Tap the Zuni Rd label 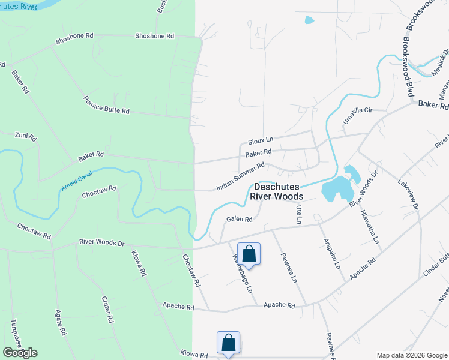point(26,137)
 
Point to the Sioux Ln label point(261,142)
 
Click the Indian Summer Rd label point(240,176)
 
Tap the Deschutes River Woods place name point(277,191)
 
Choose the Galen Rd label point(238,219)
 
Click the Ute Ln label point(298,214)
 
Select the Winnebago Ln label point(242,274)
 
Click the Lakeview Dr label point(408,192)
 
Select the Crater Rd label point(107,310)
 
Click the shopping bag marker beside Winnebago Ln point(249,254)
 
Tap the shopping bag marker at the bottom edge point(228,343)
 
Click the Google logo point(20,353)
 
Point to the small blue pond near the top point(309,20)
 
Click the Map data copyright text point(412,355)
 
